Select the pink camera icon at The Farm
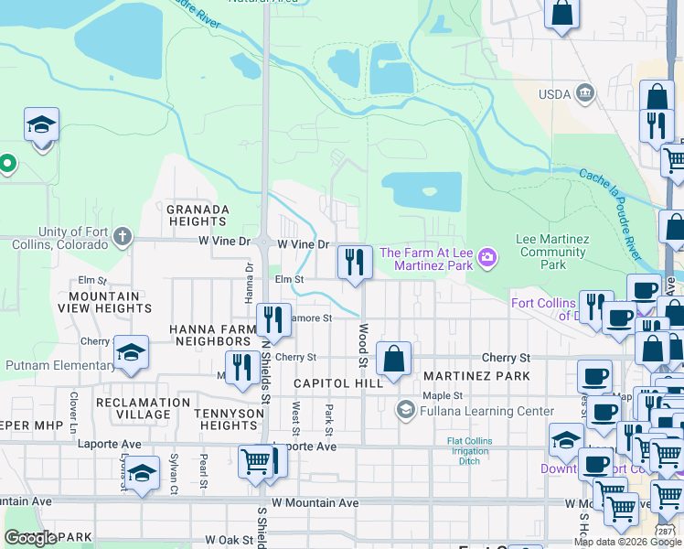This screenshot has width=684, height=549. tap(488, 259)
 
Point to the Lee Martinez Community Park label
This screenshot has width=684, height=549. tap(551, 252)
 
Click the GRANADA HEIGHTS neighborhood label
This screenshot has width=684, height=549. tap(197, 215)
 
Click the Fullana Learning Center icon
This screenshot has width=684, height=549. tap(405, 409)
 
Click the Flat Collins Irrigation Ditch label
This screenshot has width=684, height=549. tap(469, 450)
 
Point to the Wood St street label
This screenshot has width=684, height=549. tap(363, 345)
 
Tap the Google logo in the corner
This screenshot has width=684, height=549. tap(30, 537)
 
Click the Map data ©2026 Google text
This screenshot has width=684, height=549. tap(627, 542)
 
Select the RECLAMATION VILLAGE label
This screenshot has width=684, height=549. tap(120, 408)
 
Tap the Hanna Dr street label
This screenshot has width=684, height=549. tap(249, 281)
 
